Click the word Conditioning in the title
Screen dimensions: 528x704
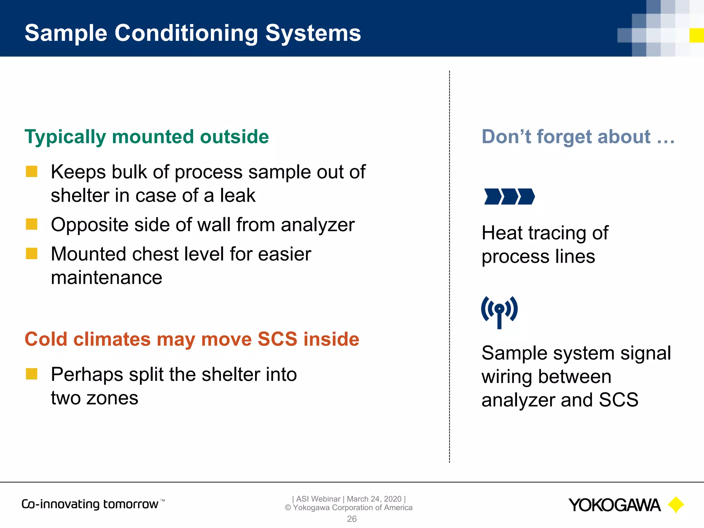[186, 33]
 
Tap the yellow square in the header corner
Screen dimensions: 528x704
[696, 35]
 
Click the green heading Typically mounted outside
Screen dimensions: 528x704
[146, 137]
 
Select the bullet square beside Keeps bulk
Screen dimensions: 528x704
[32, 171]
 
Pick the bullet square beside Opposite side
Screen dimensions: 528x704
[32, 224]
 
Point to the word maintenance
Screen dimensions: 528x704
[107, 277]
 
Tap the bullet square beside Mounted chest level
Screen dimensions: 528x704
[32, 254]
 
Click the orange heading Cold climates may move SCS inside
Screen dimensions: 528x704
[192, 339]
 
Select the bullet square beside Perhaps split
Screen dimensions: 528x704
[32, 374]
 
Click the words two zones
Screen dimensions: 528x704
[95, 398]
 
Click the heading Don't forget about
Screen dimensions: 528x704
[577, 137]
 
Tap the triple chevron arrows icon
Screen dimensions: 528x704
[509, 197]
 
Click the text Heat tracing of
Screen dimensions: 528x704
[545, 233]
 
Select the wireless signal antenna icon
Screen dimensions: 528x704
[499, 311]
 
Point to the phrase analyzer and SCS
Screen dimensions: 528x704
[560, 400]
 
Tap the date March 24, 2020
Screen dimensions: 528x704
[374, 499]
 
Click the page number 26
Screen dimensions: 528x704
[352, 519]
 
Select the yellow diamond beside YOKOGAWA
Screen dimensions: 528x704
[676, 505]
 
